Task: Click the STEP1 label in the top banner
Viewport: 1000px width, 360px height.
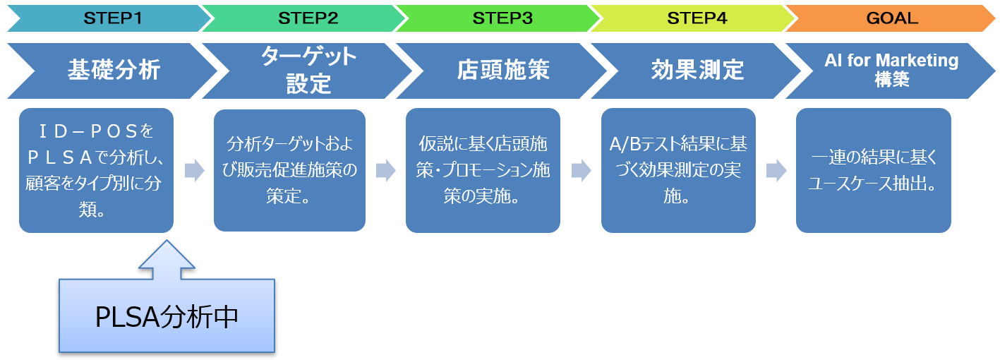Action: [113, 18]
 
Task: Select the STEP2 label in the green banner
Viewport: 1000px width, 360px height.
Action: [308, 18]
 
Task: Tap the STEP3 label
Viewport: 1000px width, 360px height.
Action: [502, 18]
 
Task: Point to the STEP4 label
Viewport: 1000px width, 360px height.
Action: [697, 18]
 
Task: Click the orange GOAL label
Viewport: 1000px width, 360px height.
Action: [893, 18]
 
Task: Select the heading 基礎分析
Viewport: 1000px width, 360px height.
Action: [114, 70]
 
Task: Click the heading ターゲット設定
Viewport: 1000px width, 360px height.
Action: [308, 70]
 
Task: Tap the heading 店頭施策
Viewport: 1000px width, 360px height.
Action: [503, 70]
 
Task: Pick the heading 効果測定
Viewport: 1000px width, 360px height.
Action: [698, 70]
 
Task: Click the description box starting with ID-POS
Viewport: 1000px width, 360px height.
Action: [96, 170]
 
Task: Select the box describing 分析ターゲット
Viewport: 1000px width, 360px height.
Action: [290, 170]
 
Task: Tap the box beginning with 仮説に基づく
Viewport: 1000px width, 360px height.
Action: [483, 170]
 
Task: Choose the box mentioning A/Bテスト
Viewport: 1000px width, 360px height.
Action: [678, 170]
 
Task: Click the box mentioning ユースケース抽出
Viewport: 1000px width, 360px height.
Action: [874, 170]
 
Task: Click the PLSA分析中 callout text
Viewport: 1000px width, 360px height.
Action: [167, 317]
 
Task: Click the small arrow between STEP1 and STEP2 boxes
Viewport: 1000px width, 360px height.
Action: [195, 170]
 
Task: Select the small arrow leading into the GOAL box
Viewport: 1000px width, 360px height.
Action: [776, 170]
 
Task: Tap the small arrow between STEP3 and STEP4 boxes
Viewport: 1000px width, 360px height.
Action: [582, 170]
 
